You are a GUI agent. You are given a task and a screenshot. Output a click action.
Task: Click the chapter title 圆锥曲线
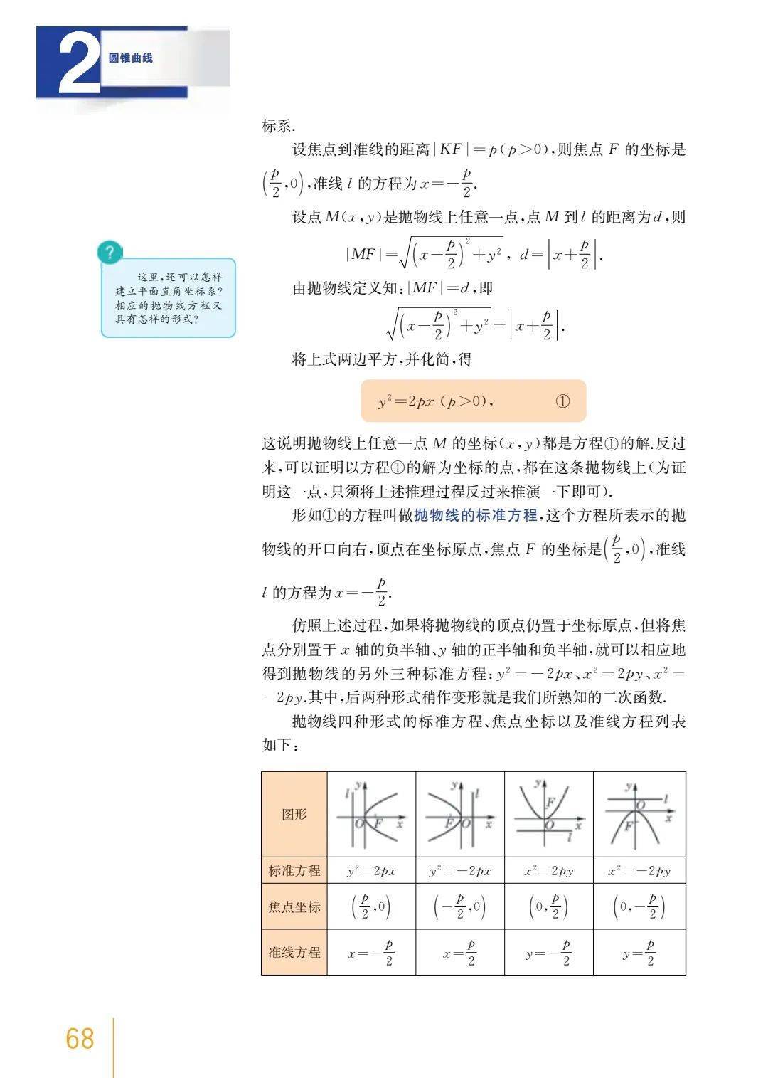click(x=131, y=58)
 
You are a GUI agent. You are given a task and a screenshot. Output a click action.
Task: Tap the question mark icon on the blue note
click(x=109, y=253)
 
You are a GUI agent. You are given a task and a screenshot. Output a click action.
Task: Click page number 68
click(x=80, y=1039)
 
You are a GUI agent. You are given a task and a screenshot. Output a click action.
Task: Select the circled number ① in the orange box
click(x=562, y=401)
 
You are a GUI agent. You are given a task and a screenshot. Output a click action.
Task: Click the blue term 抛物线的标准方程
click(x=476, y=515)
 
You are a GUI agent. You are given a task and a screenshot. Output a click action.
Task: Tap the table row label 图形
click(x=294, y=814)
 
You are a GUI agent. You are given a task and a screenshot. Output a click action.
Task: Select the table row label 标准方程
click(x=294, y=870)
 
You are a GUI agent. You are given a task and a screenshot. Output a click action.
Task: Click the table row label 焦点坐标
click(x=294, y=907)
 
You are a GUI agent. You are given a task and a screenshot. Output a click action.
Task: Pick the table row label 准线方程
click(x=294, y=952)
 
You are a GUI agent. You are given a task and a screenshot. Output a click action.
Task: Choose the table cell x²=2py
click(x=548, y=871)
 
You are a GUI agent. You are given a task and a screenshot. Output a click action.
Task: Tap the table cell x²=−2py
click(x=639, y=871)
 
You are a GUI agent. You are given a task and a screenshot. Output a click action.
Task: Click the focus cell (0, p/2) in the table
click(x=548, y=907)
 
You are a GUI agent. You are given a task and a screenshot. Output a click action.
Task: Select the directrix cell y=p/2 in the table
click(x=639, y=952)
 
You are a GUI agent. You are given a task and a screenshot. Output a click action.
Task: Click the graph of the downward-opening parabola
click(x=639, y=813)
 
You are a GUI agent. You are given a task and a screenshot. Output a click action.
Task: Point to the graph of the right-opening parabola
click(x=370, y=813)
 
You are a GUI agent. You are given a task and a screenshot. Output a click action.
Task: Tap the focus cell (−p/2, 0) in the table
click(x=459, y=907)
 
